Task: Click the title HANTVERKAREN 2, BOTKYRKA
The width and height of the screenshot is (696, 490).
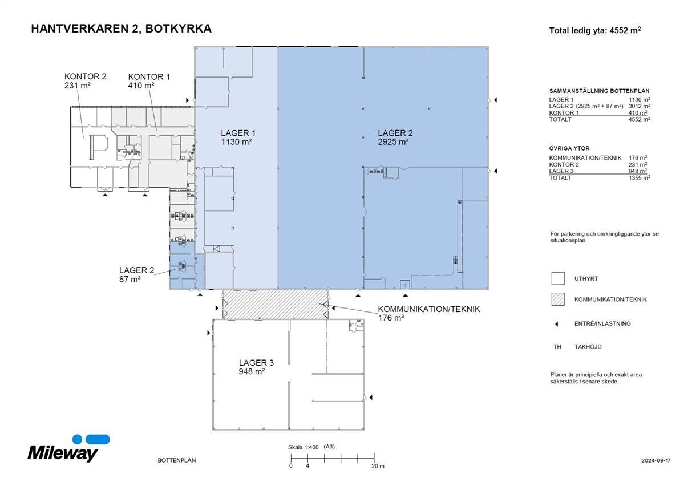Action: (x=121, y=29)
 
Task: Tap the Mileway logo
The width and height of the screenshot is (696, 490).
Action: (x=68, y=448)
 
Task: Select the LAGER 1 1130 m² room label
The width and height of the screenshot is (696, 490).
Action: (x=238, y=137)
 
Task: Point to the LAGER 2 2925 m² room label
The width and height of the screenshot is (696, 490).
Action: (x=395, y=137)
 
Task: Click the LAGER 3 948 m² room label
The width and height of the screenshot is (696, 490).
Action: (x=256, y=367)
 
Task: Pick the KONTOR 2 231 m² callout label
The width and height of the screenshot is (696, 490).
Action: (x=85, y=81)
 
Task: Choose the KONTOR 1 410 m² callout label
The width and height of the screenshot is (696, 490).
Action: (x=149, y=81)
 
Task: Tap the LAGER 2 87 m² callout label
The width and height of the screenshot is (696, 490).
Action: (x=136, y=275)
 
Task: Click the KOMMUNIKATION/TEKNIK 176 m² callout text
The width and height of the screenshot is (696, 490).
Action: (x=429, y=314)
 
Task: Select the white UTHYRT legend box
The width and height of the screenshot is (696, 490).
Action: (x=558, y=278)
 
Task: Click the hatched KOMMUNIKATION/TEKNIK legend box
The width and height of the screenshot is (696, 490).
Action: (x=558, y=299)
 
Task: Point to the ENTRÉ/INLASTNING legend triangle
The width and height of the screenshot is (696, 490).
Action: (x=557, y=324)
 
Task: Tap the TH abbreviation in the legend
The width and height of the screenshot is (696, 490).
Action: (x=557, y=347)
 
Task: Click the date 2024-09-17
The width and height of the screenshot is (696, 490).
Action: (x=655, y=460)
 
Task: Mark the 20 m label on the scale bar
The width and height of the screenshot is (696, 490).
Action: (x=378, y=466)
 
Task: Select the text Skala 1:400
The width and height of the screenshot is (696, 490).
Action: (x=304, y=447)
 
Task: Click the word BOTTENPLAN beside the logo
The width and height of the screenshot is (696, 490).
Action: (x=177, y=460)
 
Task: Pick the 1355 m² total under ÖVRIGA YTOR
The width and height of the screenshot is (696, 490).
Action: (x=640, y=178)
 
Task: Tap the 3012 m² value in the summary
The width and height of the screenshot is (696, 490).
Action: (x=640, y=106)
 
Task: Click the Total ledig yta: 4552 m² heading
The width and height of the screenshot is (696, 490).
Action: (x=595, y=30)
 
